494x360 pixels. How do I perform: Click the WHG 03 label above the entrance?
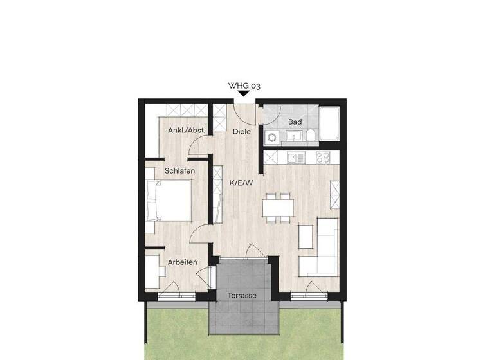tap(244, 85)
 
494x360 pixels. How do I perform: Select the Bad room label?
tap(295, 122)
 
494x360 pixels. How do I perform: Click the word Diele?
tap(242, 132)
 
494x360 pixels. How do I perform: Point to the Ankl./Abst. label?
tap(187, 130)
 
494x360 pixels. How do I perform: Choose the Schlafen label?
tap(176, 171)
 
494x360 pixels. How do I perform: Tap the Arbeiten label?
tap(182, 262)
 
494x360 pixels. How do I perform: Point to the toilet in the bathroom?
tap(310, 136)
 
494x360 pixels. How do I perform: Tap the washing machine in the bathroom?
tap(271, 137)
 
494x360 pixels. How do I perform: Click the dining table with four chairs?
tap(278, 207)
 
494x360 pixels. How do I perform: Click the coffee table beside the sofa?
tap(306, 237)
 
